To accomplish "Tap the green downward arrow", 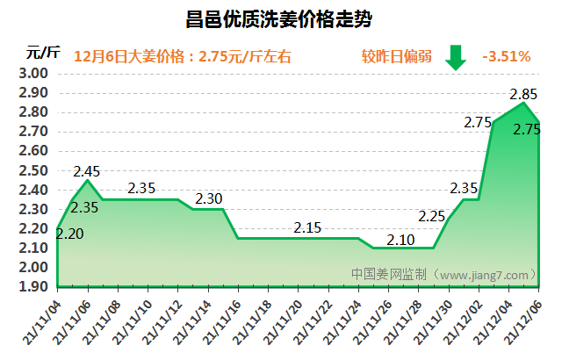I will coord(456,56).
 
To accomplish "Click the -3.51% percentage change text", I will coord(506,56).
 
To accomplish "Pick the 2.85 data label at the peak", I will coord(524,94).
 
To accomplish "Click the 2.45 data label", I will coord(88,170).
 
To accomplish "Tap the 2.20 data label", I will coord(69,234).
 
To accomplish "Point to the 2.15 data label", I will coord(307,227).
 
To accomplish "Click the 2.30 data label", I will coord(209,198).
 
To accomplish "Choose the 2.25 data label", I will coord(432,216).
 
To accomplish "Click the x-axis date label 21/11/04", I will coord(43,320).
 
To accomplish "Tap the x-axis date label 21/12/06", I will coord(523,320).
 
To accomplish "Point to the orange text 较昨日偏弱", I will coord(393,56).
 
